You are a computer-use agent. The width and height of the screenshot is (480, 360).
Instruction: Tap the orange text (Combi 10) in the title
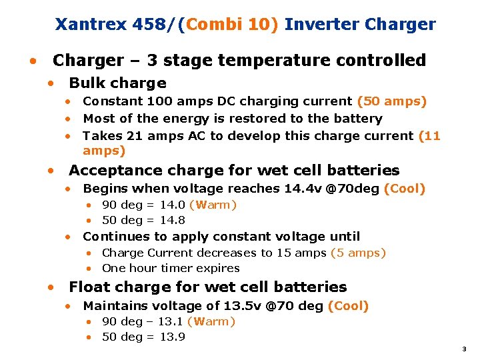coord(233,25)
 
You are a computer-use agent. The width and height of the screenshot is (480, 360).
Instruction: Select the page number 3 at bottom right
coord(464,349)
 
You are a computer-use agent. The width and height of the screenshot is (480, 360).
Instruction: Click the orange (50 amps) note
coord(392,101)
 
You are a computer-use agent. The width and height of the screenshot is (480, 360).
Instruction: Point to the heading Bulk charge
coord(117,83)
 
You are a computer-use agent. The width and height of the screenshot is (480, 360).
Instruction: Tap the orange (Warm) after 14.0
coord(213,205)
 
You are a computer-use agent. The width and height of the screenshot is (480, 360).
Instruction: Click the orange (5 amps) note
coord(358,253)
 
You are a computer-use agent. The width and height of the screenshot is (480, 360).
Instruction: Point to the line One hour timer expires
coord(171,268)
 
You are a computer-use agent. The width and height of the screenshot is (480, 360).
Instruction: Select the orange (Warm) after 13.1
coord(211,321)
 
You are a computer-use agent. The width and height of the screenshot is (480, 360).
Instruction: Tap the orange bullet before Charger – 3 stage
coord(31,61)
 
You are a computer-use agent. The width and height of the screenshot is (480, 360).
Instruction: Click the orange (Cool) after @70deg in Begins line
coord(405,189)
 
